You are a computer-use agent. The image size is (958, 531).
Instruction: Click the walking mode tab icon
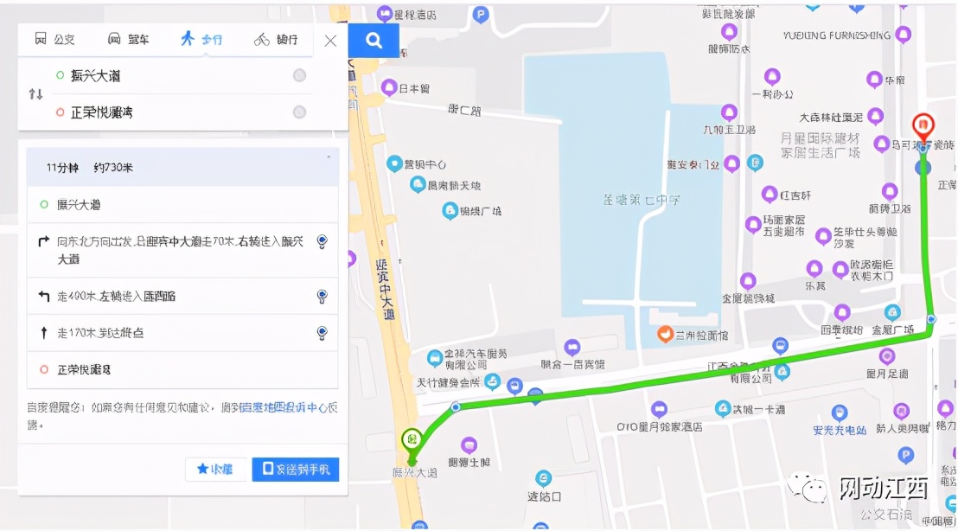pyautogui.click(x=187, y=39)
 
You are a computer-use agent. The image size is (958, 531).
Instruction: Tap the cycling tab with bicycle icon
pyautogui.click(x=261, y=39)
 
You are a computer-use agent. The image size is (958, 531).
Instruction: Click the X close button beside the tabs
pyautogui.click(x=330, y=40)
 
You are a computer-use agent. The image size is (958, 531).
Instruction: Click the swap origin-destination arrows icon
pyautogui.click(x=35, y=93)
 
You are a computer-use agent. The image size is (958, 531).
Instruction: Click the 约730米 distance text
pyautogui.click(x=112, y=167)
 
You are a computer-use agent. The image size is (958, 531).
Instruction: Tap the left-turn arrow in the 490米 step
pyautogui.click(x=43, y=296)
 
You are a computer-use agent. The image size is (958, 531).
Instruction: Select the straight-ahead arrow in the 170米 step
pyautogui.click(x=43, y=332)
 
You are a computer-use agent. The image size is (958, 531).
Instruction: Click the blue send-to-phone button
pyautogui.click(x=296, y=469)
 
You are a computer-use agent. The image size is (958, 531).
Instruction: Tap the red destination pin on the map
pyautogui.click(x=923, y=126)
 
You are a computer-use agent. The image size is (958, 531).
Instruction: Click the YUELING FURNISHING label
pyautogui.click(x=836, y=35)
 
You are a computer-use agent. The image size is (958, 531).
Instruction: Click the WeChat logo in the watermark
pyautogui.click(x=809, y=489)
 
